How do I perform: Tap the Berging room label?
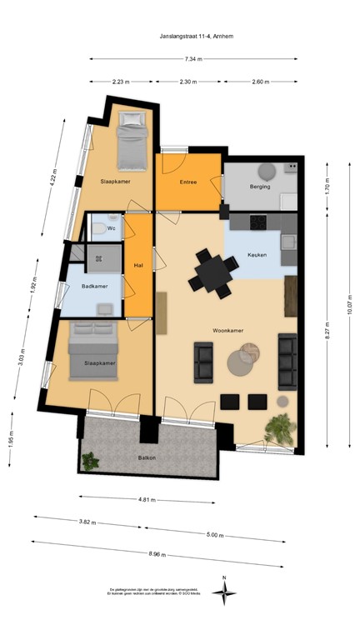click(x=260, y=187)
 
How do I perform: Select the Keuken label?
click(x=257, y=254)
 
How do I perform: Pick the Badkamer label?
click(x=94, y=287)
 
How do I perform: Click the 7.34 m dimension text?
click(x=192, y=59)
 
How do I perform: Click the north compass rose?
click(x=223, y=591)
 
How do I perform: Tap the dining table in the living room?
click(x=212, y=272)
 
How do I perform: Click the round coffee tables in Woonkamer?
click(x=244, y=360)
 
